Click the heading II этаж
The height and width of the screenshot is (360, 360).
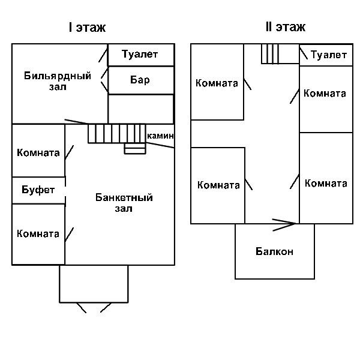(285, 27)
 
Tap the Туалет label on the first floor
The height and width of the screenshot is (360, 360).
(139, 55)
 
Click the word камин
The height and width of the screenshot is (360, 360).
(160, 136)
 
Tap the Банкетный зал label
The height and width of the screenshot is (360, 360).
(124, 203)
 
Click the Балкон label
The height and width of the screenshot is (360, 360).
(274, 251)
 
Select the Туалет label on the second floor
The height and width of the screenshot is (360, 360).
(329, 55)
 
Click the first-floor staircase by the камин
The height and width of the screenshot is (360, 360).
(116, 133)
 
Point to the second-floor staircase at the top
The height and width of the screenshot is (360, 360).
(271, 54)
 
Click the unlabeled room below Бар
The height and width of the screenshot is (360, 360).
(141, 109)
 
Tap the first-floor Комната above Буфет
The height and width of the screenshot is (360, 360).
(38, 152)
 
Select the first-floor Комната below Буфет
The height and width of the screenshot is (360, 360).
(38, 233)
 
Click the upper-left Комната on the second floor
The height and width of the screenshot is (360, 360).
(217, 83)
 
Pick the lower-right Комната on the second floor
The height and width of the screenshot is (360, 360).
(326, 184)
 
